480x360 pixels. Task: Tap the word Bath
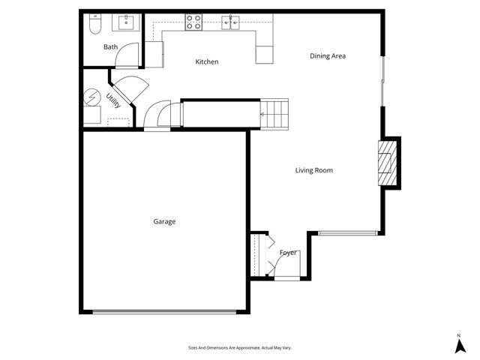click(110, 47)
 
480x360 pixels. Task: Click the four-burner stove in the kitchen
click(193, 22)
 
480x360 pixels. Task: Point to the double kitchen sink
click(231, 22)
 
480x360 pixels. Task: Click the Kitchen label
click(207, 61)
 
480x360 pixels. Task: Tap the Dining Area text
click(328, 55)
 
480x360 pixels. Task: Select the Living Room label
click(313, 170)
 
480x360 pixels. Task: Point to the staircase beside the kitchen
click(274, 113)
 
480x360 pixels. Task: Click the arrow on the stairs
click(263, 114)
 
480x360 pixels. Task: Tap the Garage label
click(164, 221)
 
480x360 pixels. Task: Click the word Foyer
click(288, 253)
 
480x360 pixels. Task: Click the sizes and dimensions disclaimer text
click(239, 348)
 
